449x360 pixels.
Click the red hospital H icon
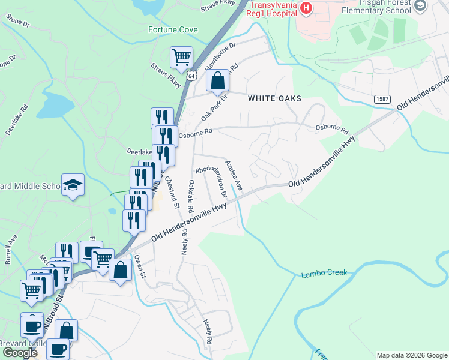[306, 8]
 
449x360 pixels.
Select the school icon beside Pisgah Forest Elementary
[420, 6]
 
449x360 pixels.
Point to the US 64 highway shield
[191, 76]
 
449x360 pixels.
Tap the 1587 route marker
[382, 98]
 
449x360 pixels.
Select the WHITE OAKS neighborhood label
[274, 98]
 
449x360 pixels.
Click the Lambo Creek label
[324, 273]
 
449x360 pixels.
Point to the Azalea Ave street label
[233, 175]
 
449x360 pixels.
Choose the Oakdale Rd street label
[190, 196]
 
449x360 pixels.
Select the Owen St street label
[140, 266]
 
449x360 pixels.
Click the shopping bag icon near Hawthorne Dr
[218, 80]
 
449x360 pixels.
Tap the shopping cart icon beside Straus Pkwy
[181, 58]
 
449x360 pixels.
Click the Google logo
[20, 353]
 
